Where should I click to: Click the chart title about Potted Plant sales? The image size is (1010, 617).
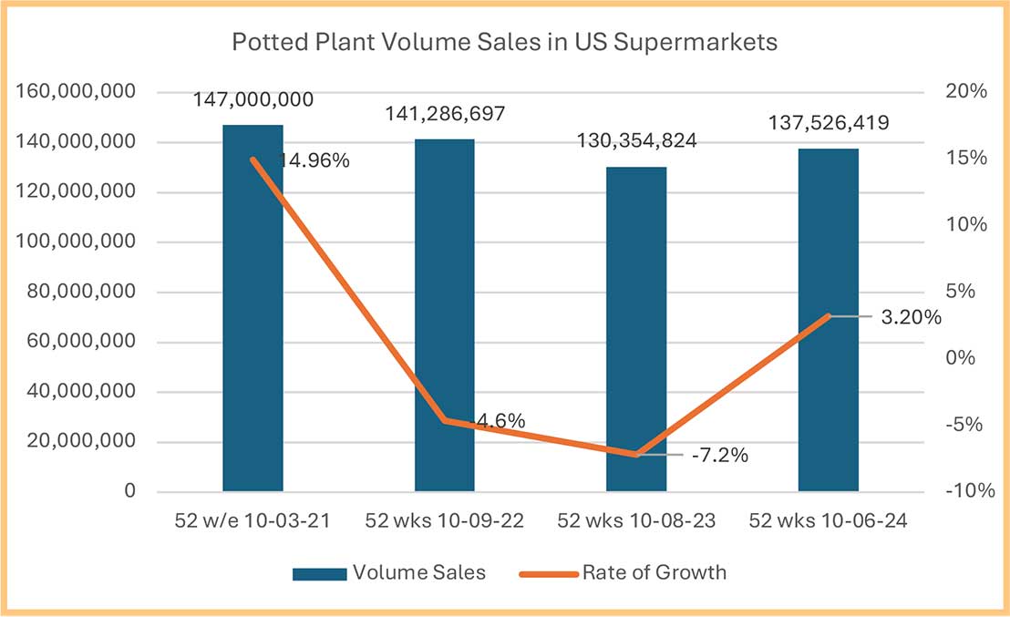[504, 43]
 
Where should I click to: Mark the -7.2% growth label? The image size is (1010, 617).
[718, 455]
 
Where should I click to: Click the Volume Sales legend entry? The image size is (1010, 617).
[390, 573]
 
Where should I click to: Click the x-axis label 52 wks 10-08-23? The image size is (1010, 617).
[636, 522]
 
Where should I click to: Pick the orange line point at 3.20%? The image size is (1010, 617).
[828, 316]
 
